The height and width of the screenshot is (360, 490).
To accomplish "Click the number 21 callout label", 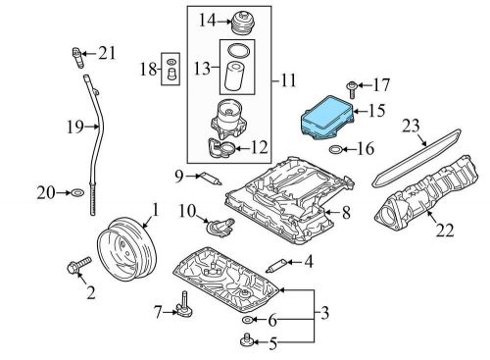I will pyautogui.click(x=107, y=52).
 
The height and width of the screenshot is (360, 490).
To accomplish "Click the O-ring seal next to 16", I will pyautogui.click(x=335, y=151).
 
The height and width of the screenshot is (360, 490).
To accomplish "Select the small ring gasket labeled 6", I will pyautogui.click(x=247, y=320).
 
